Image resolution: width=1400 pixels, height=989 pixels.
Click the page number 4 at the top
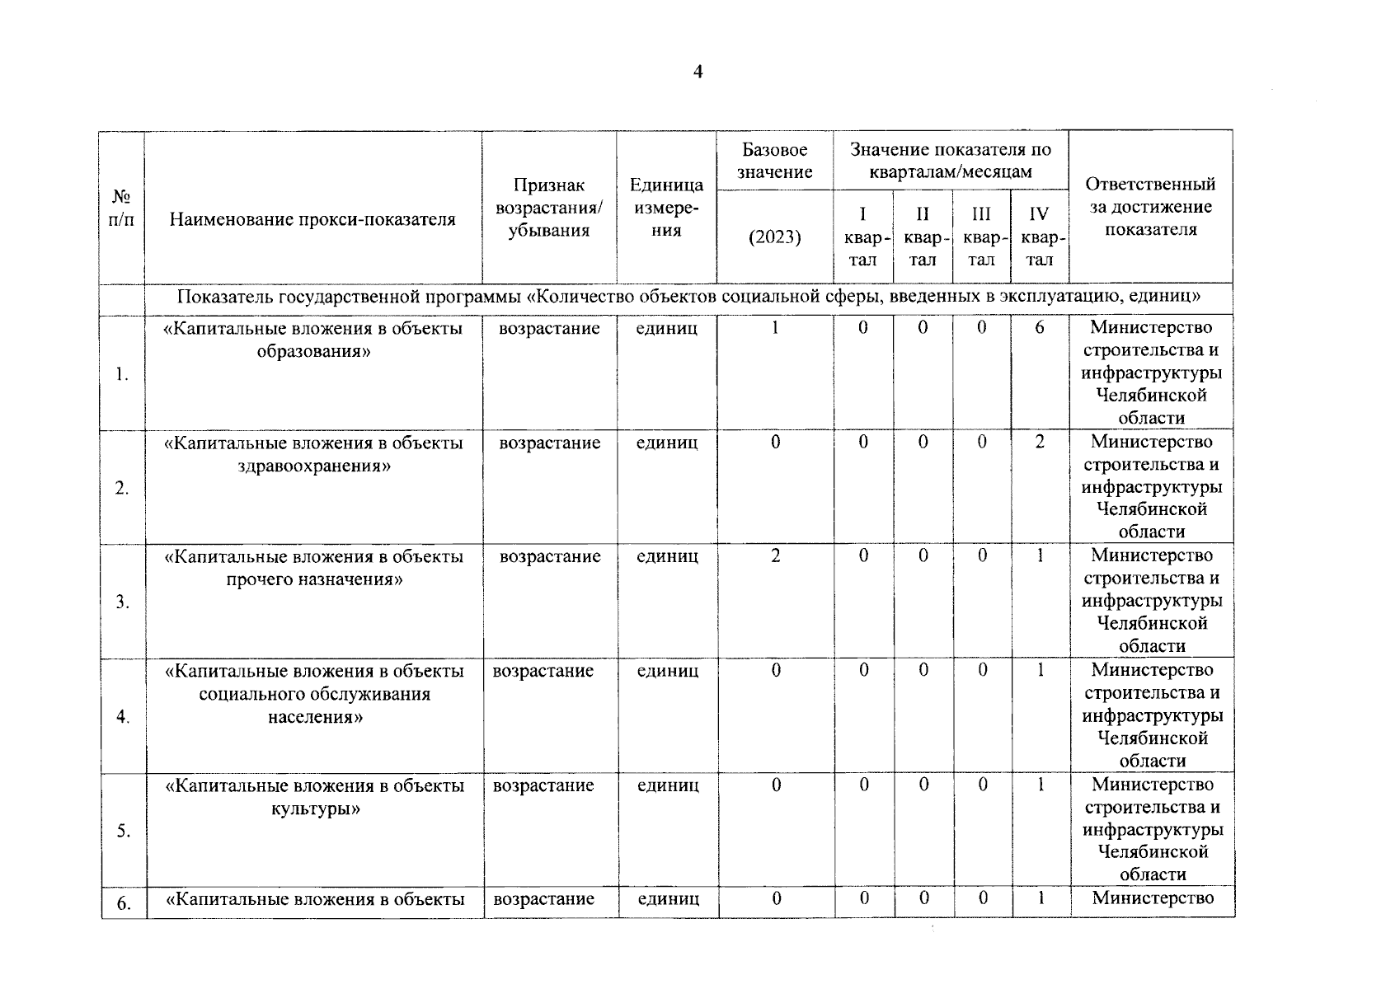pos(698,73)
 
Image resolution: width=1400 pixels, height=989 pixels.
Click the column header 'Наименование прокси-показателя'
pos(312,219)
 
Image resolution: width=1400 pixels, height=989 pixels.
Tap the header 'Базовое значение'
pos(774,161)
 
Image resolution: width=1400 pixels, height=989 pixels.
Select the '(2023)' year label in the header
pos(774,237)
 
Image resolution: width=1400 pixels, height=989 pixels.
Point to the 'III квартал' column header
pos(981,237)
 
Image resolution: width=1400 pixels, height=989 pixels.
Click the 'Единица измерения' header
pos(666,208)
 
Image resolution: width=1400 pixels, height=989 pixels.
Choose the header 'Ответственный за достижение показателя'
pos(1150,207)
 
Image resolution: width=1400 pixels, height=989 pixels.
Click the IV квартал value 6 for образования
pos(1040,328)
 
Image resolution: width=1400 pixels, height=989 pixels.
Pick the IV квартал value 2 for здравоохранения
pos(1040,442)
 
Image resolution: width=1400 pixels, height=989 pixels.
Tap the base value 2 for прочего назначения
pos(775,556)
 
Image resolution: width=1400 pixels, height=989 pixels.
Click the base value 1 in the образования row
pos(775,328)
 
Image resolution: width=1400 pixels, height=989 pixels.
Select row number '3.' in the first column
pos(122,602)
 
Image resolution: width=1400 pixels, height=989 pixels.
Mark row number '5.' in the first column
pos(123,832)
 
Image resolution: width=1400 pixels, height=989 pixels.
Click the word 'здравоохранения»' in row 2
pos(314,466)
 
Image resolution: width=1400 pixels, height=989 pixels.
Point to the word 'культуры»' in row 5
pos(315,809)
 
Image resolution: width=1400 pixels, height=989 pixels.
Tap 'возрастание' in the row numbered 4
pos(543,671)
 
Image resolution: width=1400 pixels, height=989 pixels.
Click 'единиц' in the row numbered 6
pos(669,899)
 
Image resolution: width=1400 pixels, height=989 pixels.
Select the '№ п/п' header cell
pos(121,209)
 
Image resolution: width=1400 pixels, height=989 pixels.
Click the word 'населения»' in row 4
pos(315,717)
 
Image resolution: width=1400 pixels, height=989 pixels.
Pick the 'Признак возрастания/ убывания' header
pos(549,208)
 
